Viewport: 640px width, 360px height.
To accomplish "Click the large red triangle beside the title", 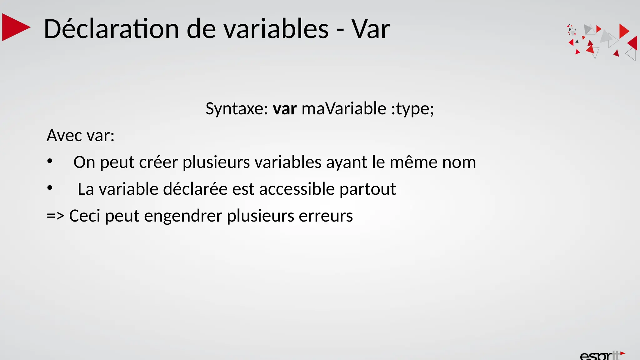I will tap(15, 27).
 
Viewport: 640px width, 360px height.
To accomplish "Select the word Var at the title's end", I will tap(371, 29).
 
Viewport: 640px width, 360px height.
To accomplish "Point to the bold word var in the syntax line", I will tap(284, 109).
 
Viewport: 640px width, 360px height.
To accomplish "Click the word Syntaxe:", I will tap(237, 109).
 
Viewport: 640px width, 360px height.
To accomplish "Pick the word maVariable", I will tap(344, 109).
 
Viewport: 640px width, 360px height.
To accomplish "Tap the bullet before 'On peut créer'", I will tap(50, 162).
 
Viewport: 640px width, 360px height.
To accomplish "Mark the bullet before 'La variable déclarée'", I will tap(50, 188).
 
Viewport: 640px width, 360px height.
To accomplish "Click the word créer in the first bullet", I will tap(158, 162).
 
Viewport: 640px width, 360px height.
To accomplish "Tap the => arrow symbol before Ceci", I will tap(55, 216).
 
